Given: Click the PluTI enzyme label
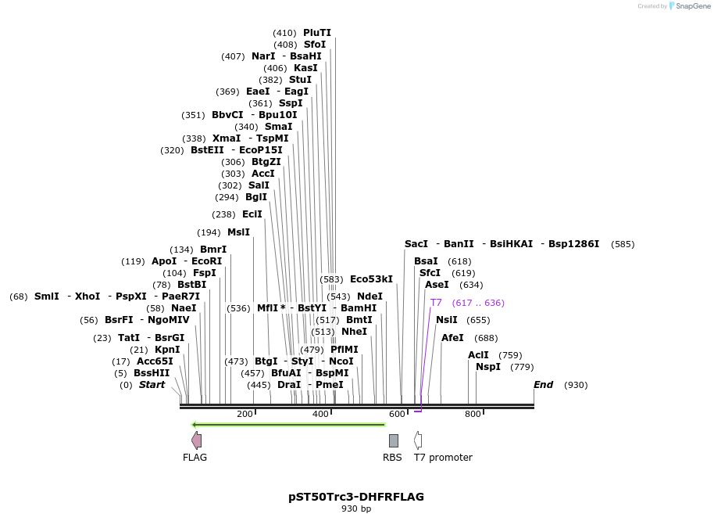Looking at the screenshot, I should (x=317, y=33).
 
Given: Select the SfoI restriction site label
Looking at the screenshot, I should (x=315, y=45).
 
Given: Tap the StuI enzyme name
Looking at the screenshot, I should (x=300, y=80).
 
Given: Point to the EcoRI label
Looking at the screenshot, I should (x=207, y=261).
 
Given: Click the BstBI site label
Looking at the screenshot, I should (x=191, y=285).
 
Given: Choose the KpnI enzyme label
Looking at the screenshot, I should (x=167, y=350).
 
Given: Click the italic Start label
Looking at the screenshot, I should (x=152, y=385).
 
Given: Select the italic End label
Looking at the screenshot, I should (x=544, y=385).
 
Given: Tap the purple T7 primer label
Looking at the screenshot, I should (x=436, y=303).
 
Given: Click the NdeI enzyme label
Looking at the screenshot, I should (x=370, y=296).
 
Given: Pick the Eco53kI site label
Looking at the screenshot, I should (x=371, y=279).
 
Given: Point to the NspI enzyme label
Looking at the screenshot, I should (x=488, y=367).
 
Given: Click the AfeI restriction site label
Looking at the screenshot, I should (x=452, y=338).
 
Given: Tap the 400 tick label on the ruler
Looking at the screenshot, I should (x=320, y=414).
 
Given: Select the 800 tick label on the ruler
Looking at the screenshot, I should (x=473, y=414).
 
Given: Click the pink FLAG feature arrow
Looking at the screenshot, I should (x=196, y=440).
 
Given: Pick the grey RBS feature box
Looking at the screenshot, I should (x=394, y=440).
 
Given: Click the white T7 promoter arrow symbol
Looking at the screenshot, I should (x=418, y=440).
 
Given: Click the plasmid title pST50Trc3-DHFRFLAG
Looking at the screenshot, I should (x=356, y=497).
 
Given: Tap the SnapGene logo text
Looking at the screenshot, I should (x=691, y=6).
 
